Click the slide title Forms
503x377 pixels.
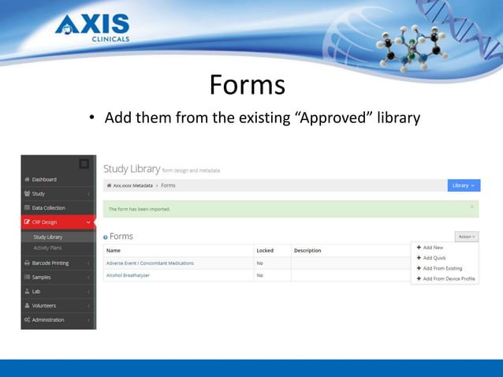click(247, 84)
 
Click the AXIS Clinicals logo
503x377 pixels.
click(93, 28)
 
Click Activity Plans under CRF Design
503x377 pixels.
click(48, 248)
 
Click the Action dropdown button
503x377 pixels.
click(467, 236)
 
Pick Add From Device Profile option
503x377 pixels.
click(448, 278)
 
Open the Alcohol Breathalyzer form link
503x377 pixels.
click(128, 275)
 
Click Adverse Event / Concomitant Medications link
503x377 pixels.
click(150, 263)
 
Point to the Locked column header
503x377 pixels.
click(266, 251)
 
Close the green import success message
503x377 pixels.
click(472, 207)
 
